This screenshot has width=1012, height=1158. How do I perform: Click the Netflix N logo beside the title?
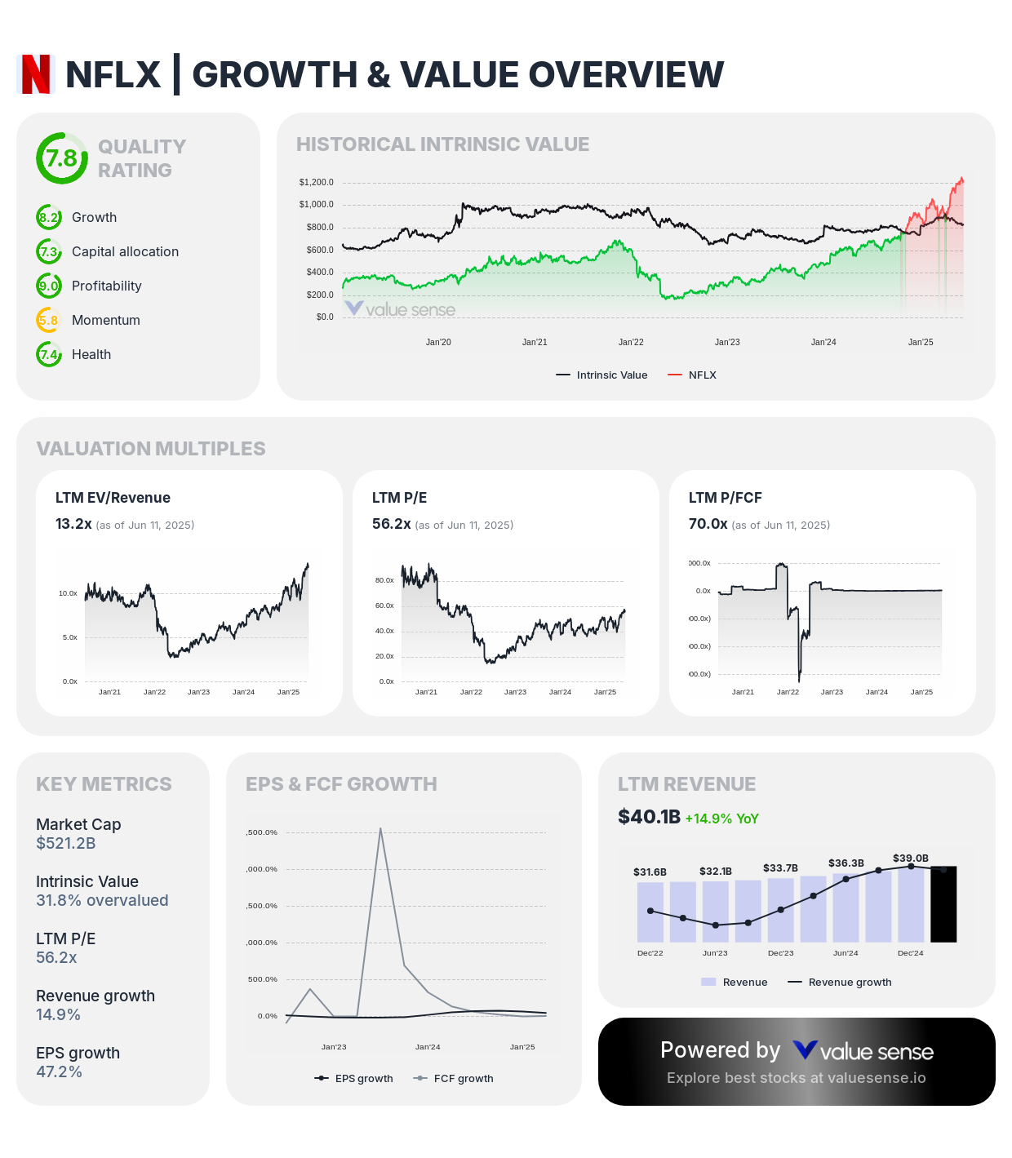(x=36, y=74)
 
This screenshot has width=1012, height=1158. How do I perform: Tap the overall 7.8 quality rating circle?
(x=61, y=158)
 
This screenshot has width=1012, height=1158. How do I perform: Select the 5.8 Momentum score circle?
(x=49, y=320)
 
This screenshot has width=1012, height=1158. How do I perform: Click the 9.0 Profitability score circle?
(x=49, y=286)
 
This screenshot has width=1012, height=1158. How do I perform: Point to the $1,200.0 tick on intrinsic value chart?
(x=316, y=182)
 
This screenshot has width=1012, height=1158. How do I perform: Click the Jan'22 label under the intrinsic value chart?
(x=631, y=342)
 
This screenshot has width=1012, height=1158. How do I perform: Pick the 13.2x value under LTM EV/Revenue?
(x=73, y=524)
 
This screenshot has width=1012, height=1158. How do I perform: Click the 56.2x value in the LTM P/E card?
(x=391, y=524)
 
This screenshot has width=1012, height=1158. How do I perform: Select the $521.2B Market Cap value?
(x=66, y=843)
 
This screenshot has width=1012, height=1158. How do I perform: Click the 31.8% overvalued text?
(x=102, y=900)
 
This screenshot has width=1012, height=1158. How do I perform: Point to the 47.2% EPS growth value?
(x=59, y=1071)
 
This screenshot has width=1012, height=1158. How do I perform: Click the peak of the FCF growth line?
(x=380, y=829)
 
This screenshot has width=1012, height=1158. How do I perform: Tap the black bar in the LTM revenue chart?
(x=943, y=904)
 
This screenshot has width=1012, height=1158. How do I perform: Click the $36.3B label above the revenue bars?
(x=846, y=863)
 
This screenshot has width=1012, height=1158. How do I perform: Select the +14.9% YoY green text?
(x=721, y=819)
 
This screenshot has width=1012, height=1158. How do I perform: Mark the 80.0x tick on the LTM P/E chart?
(x=384, y=580)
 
